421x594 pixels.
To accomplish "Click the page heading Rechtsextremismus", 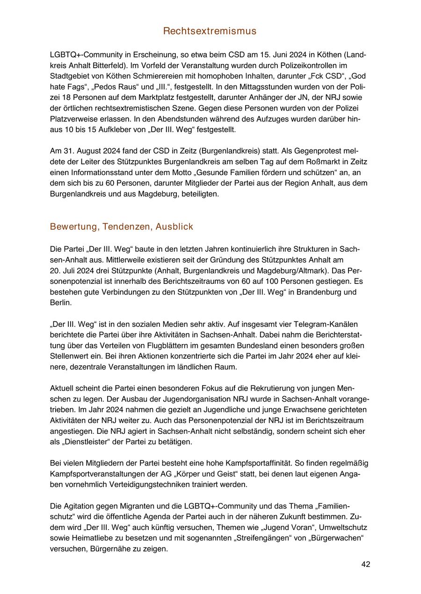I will pos(210,31).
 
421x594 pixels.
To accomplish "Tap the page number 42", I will pos(366,564).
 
